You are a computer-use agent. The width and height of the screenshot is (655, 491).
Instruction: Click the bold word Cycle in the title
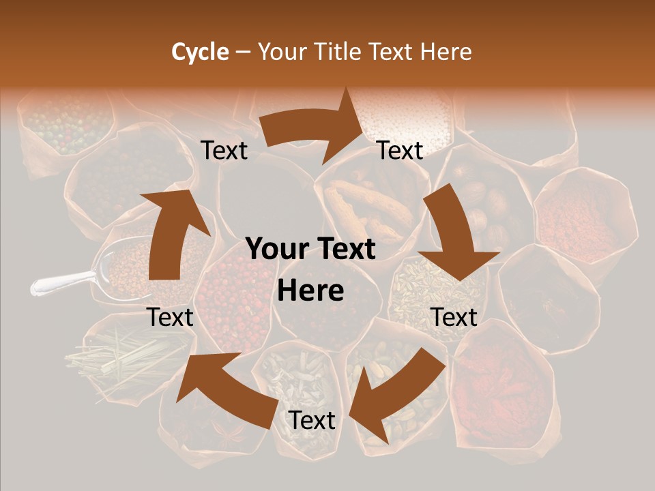[x=199, y=52]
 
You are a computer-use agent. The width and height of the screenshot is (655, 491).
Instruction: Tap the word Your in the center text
[x=276, y=249]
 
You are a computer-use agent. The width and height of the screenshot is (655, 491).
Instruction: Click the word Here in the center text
[x=310, y=291]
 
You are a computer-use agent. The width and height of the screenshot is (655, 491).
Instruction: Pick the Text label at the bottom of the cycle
[x=312, y=420]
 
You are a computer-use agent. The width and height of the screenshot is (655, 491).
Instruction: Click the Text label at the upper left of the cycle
[x=224, y=150]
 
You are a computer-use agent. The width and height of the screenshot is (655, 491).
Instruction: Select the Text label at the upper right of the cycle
[x=400, y=150]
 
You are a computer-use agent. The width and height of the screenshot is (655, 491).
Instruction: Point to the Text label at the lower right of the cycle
[x=454, y=317]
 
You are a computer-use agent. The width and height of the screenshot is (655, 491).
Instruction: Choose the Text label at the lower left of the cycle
[x=171, y=317]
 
